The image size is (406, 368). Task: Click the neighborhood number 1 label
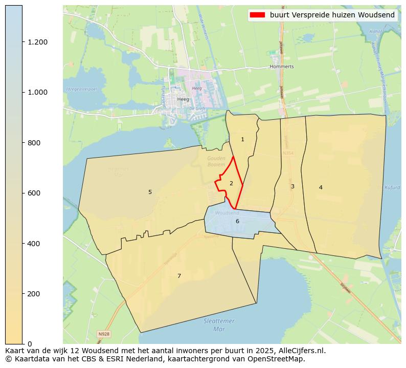click(x=242, y=140)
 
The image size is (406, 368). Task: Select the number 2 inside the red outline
click(x=231, y=183)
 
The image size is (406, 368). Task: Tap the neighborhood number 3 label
click(x=292, y=187)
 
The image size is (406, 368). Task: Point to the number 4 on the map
click(x=321, y=187)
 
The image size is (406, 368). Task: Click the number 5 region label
click(x=150, y=192)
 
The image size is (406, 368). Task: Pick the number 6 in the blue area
click(x=237, y=222)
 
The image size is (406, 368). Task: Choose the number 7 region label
click(x=179, y=276)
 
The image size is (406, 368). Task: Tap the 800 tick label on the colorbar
click(x=34, y=143)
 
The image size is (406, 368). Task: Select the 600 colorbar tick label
click(x=34, y=193)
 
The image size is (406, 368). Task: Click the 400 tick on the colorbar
click(x=34, y=244)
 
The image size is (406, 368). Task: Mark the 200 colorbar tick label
click(x=34, y=294)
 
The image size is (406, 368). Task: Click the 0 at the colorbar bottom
click(x=30, y=344)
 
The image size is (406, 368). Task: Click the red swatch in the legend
click(x=257, y=15)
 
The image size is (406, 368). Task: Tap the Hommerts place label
click(x=282, y=67)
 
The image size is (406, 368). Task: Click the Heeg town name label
click(x=183, y=99)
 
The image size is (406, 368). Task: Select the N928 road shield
click(x=103, y=334)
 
